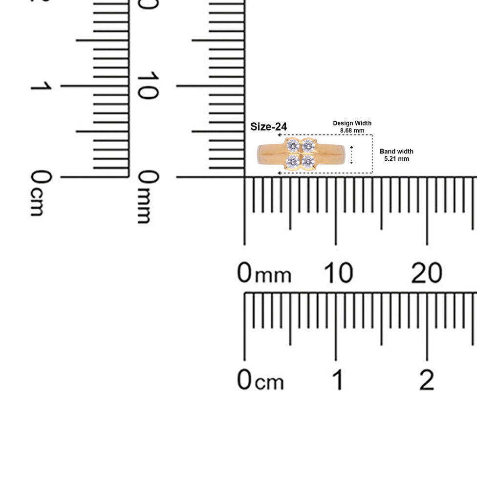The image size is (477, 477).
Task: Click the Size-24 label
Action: [x=268, y=127]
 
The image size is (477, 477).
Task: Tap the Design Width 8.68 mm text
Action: [x=352, y=127]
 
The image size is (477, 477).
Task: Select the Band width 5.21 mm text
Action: [x=396, y=155]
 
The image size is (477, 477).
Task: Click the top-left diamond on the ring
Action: [x=293, y=146]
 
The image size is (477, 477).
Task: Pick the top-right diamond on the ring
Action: [x=308, y=146]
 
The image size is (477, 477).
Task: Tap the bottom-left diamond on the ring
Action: [x=293, y=161]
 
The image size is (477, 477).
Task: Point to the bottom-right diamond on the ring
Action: [x=308, y=161]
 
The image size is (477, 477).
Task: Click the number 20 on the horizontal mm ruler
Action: [x=427, y=273]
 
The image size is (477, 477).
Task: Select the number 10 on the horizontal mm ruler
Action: [x=338, y=273]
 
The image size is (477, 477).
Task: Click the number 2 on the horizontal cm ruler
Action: [x=427, y=380]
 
